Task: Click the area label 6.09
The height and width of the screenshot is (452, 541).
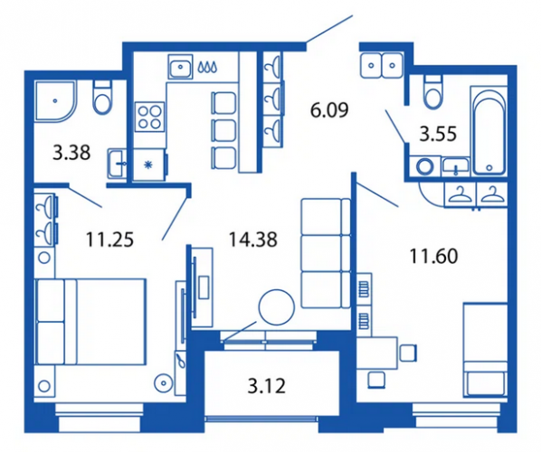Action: (x=329, y=110)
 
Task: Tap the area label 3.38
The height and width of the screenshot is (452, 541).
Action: (x=71, y=153)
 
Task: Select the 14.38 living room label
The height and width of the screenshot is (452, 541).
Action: (x=253, y=240)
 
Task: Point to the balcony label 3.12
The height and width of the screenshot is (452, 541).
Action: (x=267, y=386)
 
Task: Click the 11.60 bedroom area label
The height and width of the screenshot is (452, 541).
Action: (x=433, y=256)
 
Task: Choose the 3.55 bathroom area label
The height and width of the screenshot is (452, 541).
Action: (x=438, y=134)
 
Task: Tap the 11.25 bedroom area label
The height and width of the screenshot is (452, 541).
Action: (x=109, y=240)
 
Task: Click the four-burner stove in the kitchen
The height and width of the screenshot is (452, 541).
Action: (x=150, y=117)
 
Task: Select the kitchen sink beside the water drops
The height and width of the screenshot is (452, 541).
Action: (x=180, y=67)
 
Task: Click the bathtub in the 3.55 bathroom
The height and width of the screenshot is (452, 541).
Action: (x=489, y=131)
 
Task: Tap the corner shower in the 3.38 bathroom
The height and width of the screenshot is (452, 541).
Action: (x=55, y=101)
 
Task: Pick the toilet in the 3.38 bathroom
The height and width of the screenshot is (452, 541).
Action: (x=102, y=98)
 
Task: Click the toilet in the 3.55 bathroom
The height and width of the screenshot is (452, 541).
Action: (x=433, y=92)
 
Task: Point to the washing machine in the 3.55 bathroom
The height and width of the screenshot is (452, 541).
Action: (x=424, y=166)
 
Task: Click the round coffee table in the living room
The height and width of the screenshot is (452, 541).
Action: (x=276, y=306)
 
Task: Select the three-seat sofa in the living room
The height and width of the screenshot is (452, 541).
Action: (x=326, y=253)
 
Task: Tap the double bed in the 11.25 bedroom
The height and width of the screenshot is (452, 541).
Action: (x=90, y=322)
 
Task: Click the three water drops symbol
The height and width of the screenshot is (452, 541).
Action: (x=207, y=67)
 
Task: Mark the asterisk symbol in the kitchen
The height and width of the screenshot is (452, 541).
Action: (x=148, y=165)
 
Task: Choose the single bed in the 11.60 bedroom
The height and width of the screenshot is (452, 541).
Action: (x=486, y=349)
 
